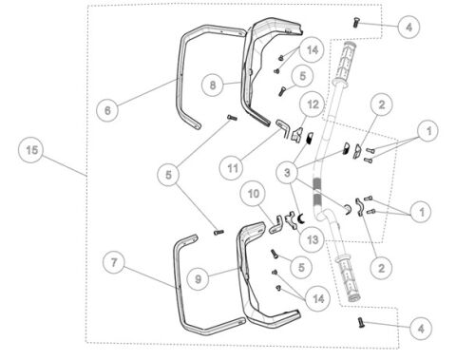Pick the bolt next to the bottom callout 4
(361, 323)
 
